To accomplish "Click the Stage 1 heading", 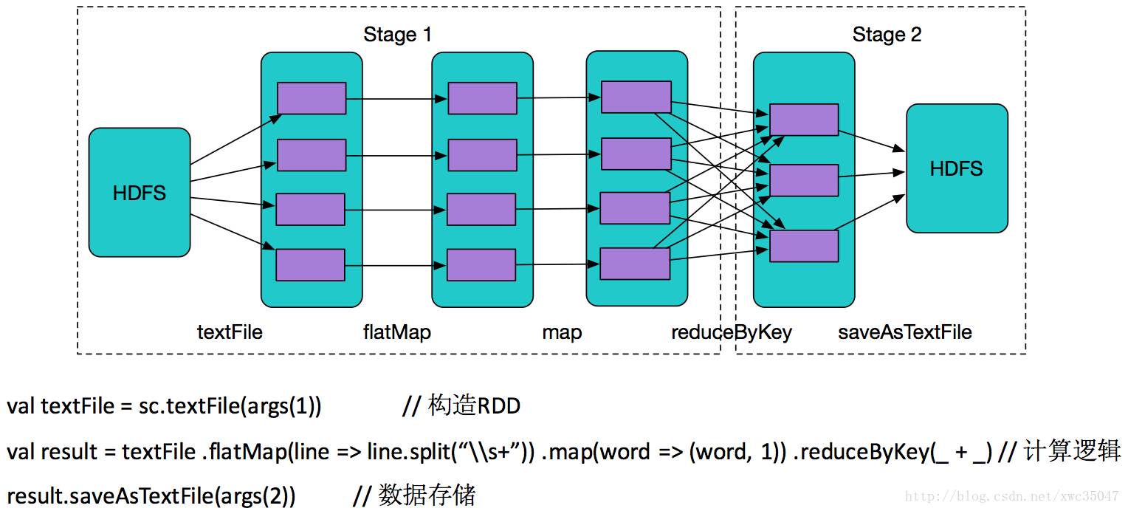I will pyautogui.click(x=397, y=35).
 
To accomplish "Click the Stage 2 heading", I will pyautogui.click(x=887, y=35).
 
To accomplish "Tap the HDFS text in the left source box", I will pyautogui.click(x=140, y=193).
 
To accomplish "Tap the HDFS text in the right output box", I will pyautogui.click(x=956, y=168).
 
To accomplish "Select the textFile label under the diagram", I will pyautogui.click(x=230, y=332).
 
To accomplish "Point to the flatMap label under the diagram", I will pyautogui.click(x=396, y=332).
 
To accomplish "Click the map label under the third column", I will pyautogui.click(x=562, y=332).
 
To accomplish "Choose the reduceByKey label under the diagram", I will pyautogui.click(x=731, y=332).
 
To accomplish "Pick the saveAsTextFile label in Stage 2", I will pyautogui.click(x=904, y=332).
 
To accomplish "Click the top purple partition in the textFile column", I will pyautogui.click(x=312, y=98).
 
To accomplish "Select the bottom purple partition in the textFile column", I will pyautogui.click(x=310, y=265).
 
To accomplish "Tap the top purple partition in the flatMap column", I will pyautogui.click(x=482, y=98).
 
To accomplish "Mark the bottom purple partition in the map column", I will pyautogui.click(x=635, y=264).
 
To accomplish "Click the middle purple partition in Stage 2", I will pyautogui.click(x=804, y=180).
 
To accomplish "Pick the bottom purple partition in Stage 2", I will pyautogui.click(x=804, y=246).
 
